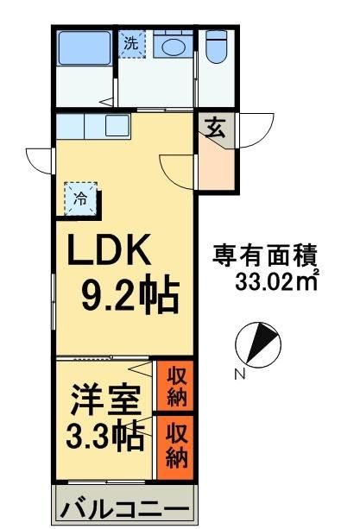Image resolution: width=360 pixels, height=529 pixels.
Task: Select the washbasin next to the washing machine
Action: click(174, 44)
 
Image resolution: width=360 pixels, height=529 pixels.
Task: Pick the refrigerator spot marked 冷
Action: click(80, 198)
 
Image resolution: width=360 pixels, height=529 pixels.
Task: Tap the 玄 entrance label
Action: click(215, 130)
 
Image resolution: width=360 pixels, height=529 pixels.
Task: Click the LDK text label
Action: click(110, 253)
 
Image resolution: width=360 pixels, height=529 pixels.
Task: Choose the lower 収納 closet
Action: click(176, 443)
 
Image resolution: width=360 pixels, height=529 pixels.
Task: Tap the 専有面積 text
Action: click(265, 256)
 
